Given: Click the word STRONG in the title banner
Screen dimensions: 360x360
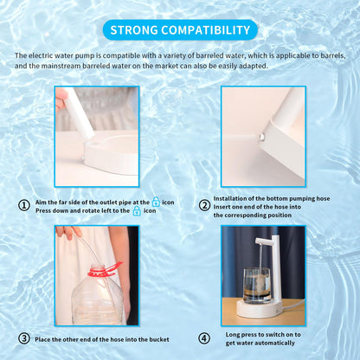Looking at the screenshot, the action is (x=134, y=30).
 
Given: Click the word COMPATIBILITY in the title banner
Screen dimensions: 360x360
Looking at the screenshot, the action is (x=206, y=30).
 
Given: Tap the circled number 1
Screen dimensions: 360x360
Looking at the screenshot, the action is (x=24, y=205).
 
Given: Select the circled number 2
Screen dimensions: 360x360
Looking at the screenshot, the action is (x=204, y=206).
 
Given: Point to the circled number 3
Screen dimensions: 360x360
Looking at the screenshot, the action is (x=24, y=338).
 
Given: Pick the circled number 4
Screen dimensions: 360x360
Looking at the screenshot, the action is (x=204, y=338).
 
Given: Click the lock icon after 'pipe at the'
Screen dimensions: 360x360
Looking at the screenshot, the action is (x=156, y=202).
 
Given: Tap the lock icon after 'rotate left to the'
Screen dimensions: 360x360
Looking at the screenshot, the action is (x=137, y=211).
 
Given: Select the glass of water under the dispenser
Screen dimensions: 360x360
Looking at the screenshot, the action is (x=257, y=286).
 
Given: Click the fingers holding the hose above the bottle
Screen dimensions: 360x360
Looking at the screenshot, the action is (x=68, y=232).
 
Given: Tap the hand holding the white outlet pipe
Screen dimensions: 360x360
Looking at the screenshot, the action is (x=61, y=99).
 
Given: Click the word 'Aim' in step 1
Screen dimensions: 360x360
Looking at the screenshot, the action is (x=41, y=202).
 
